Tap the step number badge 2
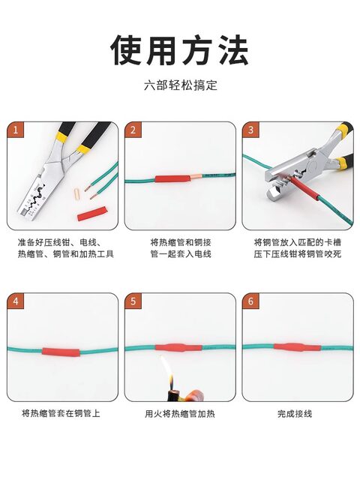point(132,130)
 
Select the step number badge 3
point(250,130)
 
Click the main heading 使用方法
point(180,49)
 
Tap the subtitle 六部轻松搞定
point(180,85)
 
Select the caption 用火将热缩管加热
point(179,413)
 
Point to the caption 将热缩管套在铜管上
point(61,413)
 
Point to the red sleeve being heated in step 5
point(178,348)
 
